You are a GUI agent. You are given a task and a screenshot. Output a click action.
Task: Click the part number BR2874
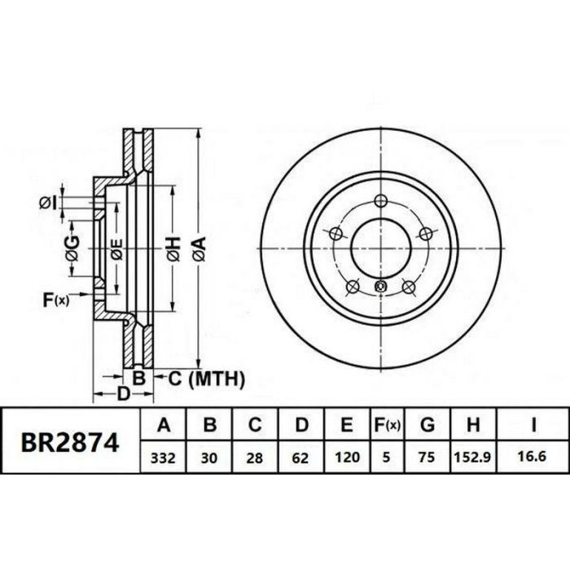(70, 443)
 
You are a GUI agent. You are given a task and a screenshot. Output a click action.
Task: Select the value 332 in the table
(163, 458)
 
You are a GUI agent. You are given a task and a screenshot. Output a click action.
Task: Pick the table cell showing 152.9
(473, 458)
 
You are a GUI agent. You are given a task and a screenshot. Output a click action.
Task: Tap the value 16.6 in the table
(532, 456)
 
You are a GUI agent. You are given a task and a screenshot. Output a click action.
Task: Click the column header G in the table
(427, 424)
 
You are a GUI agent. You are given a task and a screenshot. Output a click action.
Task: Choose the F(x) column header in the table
(387, 425)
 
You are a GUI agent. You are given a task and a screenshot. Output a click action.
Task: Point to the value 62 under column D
(300, 458)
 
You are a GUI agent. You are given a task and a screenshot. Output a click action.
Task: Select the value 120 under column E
(347, 458)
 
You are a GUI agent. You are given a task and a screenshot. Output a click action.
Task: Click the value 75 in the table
(427, 458)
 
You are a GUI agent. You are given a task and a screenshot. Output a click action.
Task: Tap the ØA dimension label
(199, 248)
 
